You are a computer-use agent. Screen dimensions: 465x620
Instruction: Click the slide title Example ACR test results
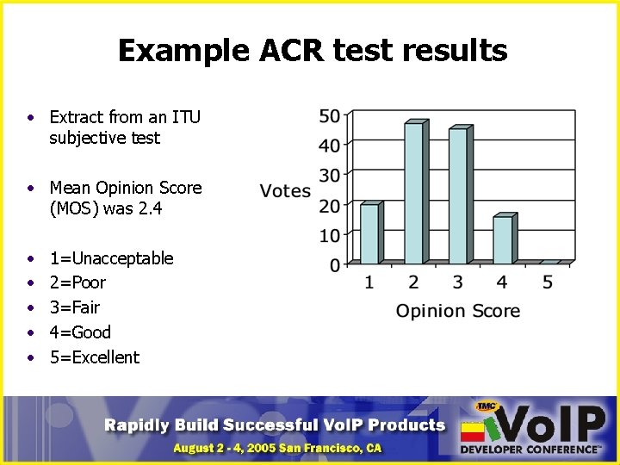[x=312, y=51]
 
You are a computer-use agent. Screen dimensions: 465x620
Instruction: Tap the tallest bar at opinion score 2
[x=414, y=193]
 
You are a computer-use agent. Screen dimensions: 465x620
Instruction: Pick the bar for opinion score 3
[x=458, y=195]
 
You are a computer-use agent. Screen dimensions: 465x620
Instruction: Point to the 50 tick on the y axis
[x=329, y=115]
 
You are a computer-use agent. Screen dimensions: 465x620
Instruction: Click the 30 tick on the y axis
[x=329, y=175]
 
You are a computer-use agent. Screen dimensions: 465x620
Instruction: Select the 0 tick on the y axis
[x=333, y=264]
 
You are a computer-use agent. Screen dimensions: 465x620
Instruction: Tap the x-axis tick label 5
[x=547, y=282]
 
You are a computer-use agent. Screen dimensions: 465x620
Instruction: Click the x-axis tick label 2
[x=413, y=282]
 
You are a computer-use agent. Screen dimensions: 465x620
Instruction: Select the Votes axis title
[x=285, y=190]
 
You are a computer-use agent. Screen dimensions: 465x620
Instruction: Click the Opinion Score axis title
[x=457, y=311]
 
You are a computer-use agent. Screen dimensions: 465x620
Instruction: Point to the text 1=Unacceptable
[x=111, y=258]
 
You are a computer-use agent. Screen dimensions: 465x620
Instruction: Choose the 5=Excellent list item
[x=94, y=357]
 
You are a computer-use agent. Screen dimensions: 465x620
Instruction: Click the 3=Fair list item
[x=75, y=307]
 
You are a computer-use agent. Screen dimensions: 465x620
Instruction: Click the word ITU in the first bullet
[x=186, y=116]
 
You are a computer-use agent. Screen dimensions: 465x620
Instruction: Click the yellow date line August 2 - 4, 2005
[x=276, y=448]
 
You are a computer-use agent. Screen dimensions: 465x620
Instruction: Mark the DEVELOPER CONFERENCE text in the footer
[x=530, y=449]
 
